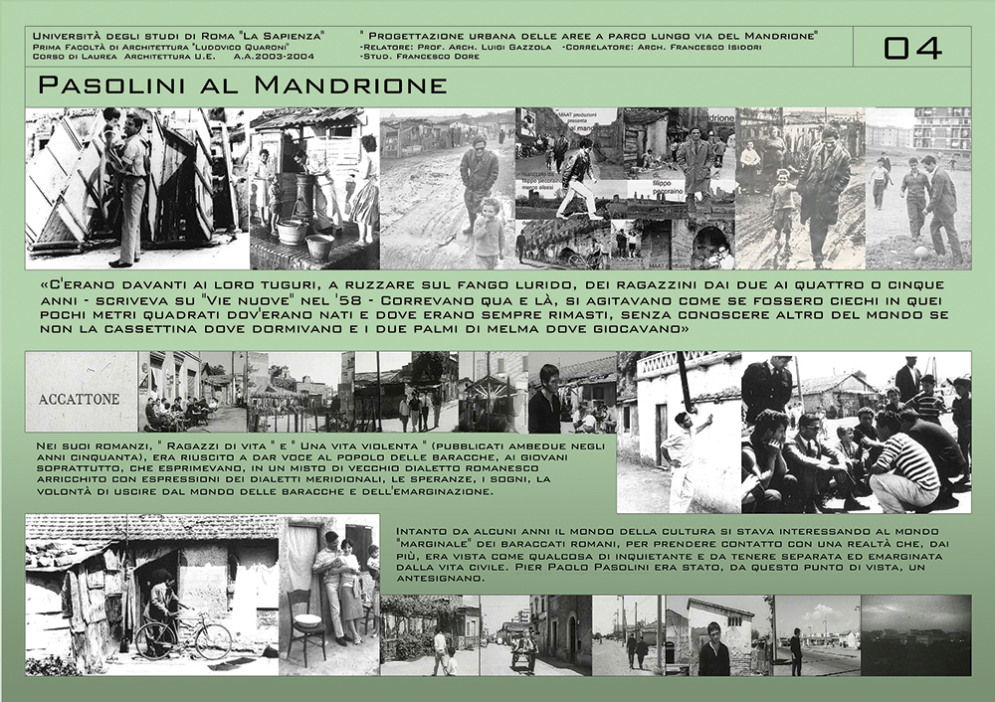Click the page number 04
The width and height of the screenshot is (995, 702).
pos(911,47)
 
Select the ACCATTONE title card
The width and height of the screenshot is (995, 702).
pos(80,399)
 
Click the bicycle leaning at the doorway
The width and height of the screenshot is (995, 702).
pos(185,636)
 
